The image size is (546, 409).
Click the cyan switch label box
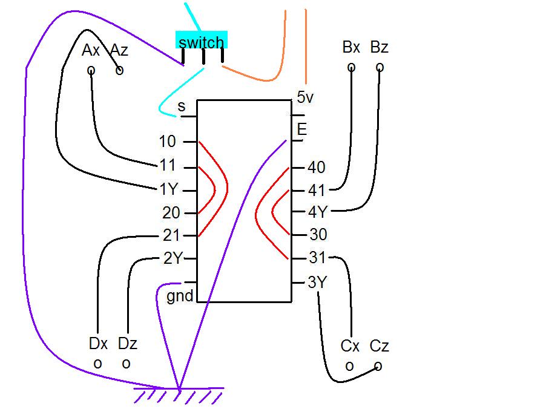202,41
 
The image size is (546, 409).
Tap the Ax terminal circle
91,71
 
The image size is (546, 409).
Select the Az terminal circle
119,70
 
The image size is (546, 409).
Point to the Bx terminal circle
351,67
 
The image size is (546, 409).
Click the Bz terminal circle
380,67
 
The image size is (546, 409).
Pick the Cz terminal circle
378,366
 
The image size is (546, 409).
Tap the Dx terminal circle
97,364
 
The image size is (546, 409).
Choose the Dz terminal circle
126,364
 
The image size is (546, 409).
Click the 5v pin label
306,97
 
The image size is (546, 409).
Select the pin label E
301,129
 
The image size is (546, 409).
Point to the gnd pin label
180,296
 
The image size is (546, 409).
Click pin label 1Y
168,189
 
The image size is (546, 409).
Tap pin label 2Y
173,258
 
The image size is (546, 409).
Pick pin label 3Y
317,282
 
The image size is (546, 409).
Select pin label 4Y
318,212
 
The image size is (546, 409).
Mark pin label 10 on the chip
167,142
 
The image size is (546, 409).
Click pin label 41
317,190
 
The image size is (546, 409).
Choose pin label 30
318,235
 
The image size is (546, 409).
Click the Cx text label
350,346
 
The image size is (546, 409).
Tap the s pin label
182,107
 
